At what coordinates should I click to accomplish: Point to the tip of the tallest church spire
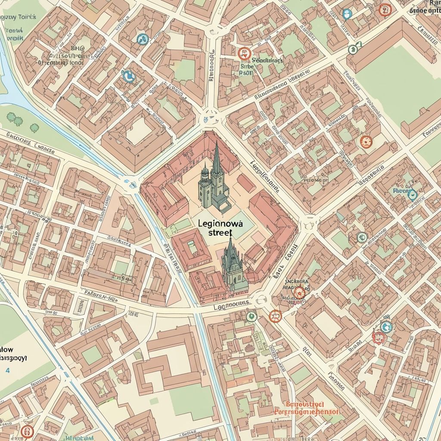216,144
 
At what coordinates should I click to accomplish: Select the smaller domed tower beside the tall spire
204,177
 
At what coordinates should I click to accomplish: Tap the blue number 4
7,370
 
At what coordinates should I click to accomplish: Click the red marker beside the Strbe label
244,53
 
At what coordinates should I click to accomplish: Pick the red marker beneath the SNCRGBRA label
298,293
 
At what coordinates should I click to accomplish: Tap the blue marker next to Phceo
412,195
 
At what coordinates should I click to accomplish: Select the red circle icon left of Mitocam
27,431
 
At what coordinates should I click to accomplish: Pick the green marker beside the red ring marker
251,317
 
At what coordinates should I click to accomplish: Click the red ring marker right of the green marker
274,317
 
